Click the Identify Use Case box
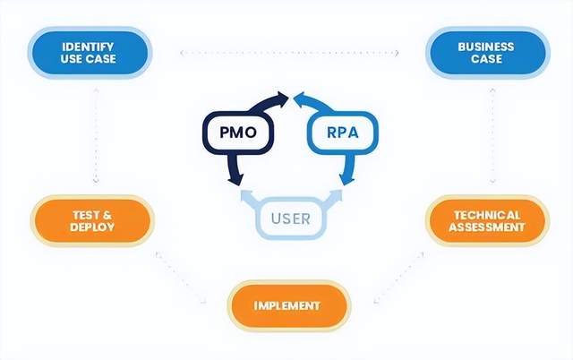click(89, 53)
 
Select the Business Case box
click(486, 53)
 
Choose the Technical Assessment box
click(487, 221)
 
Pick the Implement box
click(287, 305)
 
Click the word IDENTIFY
click(89, 47)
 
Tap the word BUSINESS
click(486, 47)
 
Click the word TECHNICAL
click(487, 215)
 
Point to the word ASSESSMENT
click(487, 227)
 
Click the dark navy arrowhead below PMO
click(235, 180)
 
